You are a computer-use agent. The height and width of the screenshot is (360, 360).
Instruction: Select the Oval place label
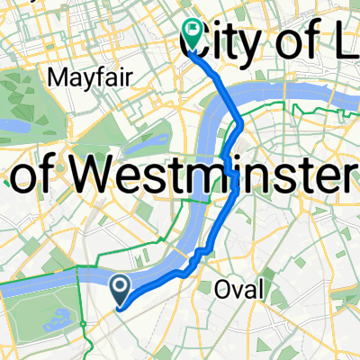[x=241, y=289]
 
